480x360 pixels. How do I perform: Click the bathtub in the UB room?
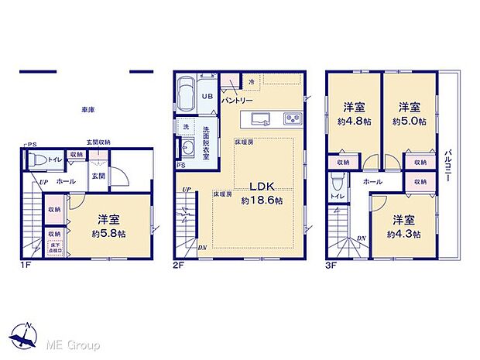click(188, 94)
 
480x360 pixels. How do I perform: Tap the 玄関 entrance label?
click(98, 177)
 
